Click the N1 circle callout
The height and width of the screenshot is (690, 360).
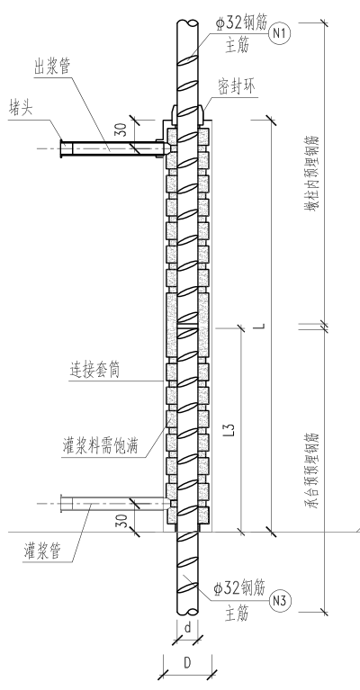tap(280, 33)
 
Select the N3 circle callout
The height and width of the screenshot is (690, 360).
tap(280, 601)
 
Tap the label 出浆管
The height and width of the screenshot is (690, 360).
tap(52, 67)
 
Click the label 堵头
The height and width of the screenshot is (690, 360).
tap(21, 108)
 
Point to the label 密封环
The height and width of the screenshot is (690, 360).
tap(237, 86)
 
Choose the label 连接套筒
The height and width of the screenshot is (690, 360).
tap(94, 370)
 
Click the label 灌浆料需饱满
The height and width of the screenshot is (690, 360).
tap(100, 445)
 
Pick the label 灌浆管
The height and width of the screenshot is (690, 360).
tap(42, 551)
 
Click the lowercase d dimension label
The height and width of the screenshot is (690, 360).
tap(187, 628)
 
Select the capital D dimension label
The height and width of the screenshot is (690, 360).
tap(187, 663)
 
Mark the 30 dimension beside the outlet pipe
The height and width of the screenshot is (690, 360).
tap(122, 129)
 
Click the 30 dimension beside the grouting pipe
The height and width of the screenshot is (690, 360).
tap(123, 521)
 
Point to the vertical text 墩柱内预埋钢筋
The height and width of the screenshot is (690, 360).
tap(311, 174)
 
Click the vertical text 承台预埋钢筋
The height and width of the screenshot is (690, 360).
tap(311, 470)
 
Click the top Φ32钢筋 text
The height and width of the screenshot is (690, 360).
tap(241, 23)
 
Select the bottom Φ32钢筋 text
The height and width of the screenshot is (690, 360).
tap(239, 588)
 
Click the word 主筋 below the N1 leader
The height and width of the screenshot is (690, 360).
tap(238, 45)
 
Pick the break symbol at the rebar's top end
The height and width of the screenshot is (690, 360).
tap(188, 22)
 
